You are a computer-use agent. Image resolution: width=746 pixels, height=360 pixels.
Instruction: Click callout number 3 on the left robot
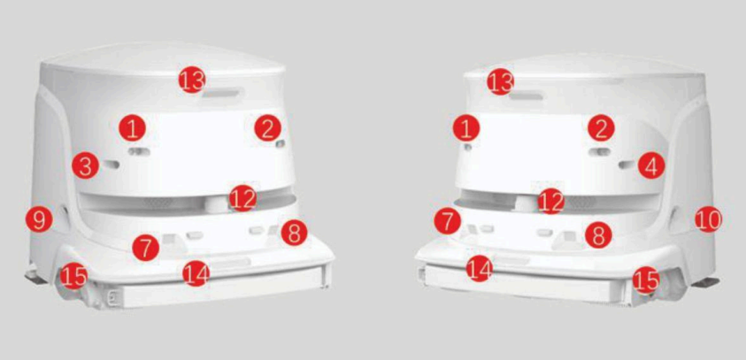85,167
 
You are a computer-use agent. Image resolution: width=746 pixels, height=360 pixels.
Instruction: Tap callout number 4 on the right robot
651,165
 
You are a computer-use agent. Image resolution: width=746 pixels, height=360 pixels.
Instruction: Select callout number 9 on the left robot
40,219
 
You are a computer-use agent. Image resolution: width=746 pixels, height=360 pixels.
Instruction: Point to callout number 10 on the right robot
709,218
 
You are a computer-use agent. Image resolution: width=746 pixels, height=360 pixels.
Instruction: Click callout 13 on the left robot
192,80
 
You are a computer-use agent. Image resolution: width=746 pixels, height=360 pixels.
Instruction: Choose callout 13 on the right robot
501,81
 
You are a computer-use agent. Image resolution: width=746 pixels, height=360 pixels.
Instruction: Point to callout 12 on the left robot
242,199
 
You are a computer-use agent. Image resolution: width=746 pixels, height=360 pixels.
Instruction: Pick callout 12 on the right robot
551,200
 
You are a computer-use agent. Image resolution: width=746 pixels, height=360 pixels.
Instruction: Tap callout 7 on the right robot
448,222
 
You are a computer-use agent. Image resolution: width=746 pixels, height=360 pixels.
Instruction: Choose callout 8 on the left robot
295,233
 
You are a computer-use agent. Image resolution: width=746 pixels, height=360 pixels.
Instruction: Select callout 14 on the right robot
480,268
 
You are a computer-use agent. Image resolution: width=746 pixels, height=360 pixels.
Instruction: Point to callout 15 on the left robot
73,276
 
